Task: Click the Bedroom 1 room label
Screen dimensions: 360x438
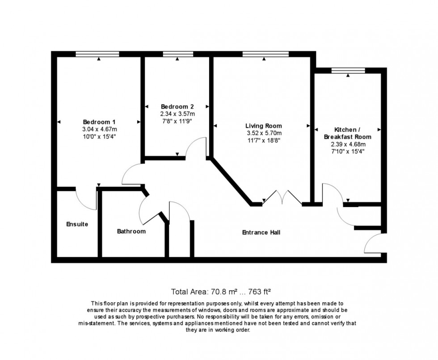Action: point(99,122)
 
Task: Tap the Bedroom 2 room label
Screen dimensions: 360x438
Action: point(177,107)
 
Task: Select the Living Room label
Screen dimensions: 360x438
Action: point(264,126)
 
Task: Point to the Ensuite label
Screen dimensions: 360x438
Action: point(77,224)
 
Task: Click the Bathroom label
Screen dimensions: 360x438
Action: point(131,231)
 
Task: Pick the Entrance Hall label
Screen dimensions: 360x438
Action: point(261,233)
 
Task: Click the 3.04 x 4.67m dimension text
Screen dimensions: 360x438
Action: point(99,129)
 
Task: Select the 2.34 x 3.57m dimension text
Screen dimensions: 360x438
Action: point(177,114)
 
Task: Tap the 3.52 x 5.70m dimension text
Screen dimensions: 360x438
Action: point(264,133)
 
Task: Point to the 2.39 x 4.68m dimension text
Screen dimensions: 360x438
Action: point(348,144)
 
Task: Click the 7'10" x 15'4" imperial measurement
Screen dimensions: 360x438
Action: point(348,152)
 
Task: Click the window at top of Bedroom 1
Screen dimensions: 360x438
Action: point(97,54)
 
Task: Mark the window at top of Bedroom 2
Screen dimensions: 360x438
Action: point(178,54)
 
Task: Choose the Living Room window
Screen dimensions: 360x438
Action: point(265,54)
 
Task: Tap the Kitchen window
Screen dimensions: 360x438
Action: point(348,70)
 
